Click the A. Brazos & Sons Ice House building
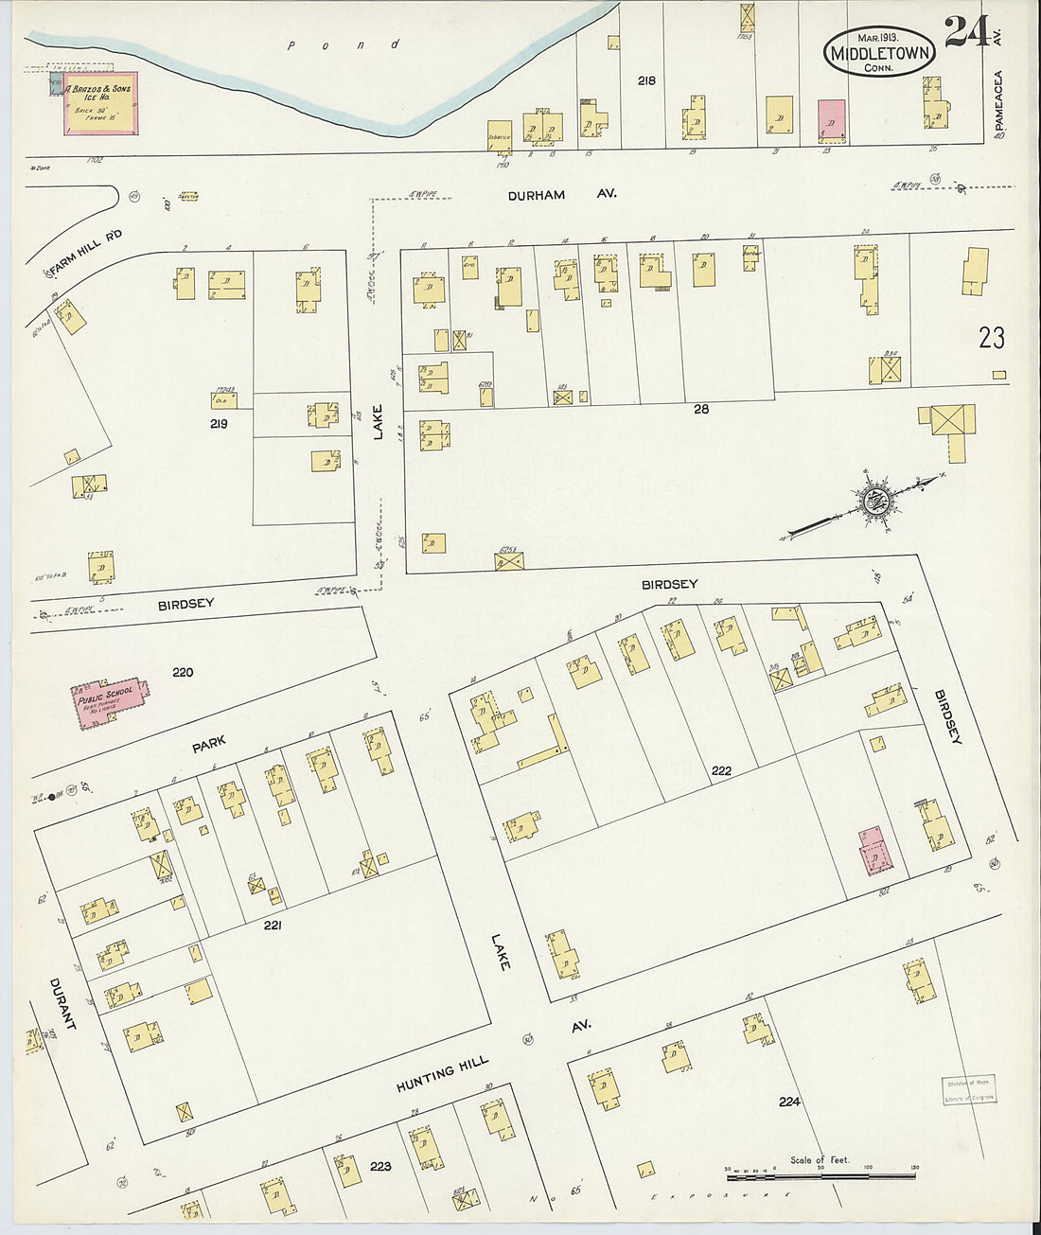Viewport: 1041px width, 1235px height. click(101, 103)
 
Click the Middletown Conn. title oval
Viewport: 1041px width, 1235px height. click(879, 50)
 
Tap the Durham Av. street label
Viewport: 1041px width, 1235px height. click(562, 194)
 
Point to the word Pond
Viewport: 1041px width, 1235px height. click(344, 44)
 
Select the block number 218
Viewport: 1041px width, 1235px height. click(646, 81)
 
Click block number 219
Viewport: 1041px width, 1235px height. click(219, 424)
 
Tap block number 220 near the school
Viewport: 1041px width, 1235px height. click(183, 672)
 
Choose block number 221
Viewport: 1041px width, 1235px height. click(272, 925)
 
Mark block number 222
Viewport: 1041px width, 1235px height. click(721, 771)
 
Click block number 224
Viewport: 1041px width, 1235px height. click(789, 1102)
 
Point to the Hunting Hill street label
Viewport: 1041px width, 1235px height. click(442, 1076)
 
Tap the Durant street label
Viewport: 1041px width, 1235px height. click(62, 1003)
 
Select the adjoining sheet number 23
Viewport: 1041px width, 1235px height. click(991, 338)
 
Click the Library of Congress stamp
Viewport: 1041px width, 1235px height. click(967, 1090)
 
